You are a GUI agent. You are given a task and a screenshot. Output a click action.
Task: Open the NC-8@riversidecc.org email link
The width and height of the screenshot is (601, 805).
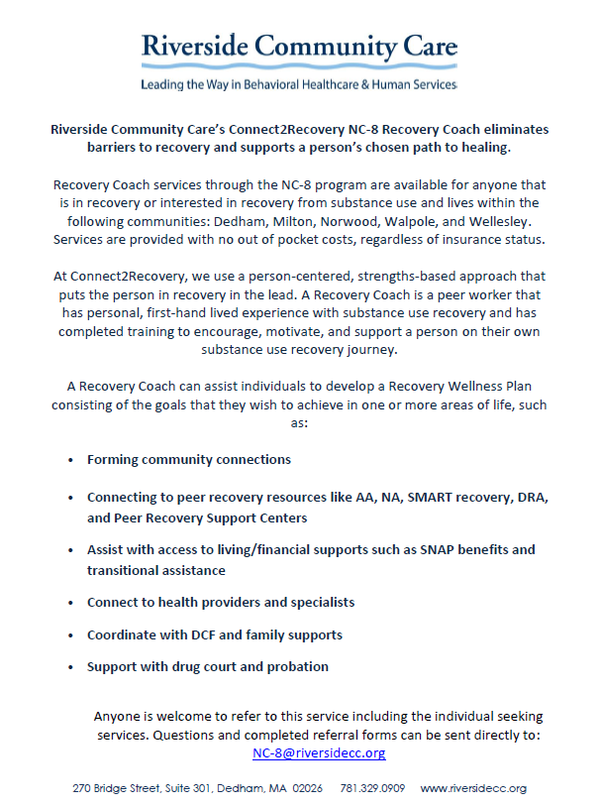pyautogui.click(x=319, y=753)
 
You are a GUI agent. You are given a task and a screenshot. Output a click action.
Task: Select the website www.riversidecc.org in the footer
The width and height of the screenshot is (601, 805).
pyautogui.click(x=474, y=789)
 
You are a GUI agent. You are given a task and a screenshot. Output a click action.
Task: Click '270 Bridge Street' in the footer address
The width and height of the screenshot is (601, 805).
pyautogui.click(x=115, y=789)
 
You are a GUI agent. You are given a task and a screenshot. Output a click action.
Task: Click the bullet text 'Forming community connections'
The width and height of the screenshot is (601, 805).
pyautogui.click(x=188, y=460)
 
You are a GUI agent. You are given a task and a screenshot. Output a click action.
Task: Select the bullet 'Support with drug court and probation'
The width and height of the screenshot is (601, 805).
pyautogui.click(x=207, y=666)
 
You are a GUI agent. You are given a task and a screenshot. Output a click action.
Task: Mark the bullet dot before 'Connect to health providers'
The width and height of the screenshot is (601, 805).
pyautogui.click(x=70, y=603)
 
